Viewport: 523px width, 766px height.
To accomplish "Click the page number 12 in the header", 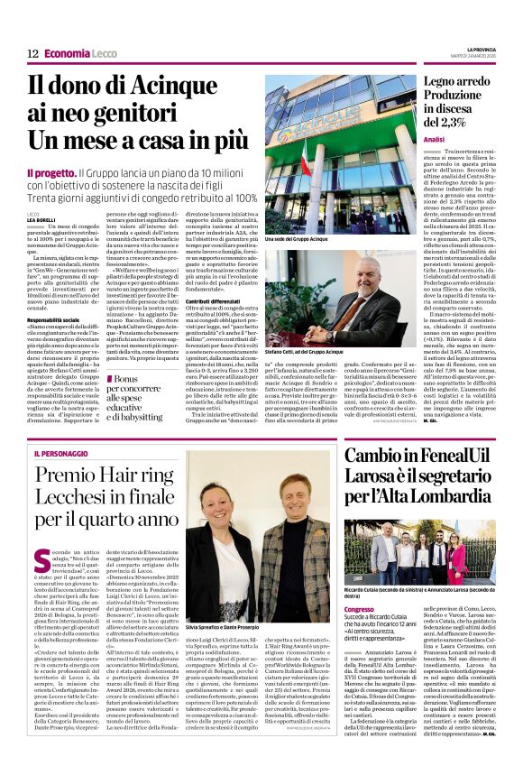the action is point(32,53).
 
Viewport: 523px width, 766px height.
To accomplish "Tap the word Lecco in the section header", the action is point(105,53).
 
